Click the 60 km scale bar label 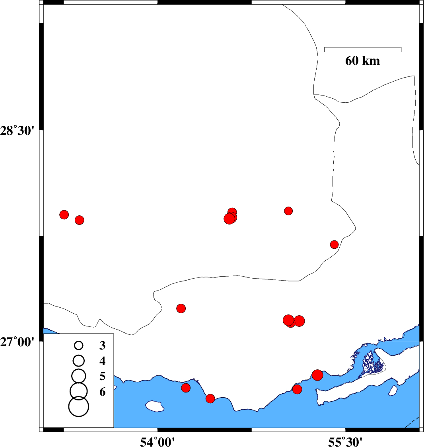[x=362, y=61]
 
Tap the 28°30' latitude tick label [x=17, y=131]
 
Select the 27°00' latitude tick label [x=17, y=342]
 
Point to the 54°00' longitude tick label [x=157, y=442]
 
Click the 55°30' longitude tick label [x=345, y=442]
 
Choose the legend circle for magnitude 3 [x=79, y=345]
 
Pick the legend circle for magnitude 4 [x=79, y=361]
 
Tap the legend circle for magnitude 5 [x=79, y=376]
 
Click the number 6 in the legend [x=103, y=392]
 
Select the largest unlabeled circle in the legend [x=79, y=406]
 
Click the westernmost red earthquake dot [x=64, y=215]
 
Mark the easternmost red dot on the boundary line [x=334, y=244]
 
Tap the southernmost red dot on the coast [x=210, y=398]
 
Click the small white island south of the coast [x=155, y=406]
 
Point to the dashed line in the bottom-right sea [x=412, y=422]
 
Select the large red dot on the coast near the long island [x=317, y=375]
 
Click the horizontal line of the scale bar [x=363, y=47]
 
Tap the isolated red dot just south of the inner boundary [x=181, y=308]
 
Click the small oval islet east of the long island [x=393, y=390]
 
